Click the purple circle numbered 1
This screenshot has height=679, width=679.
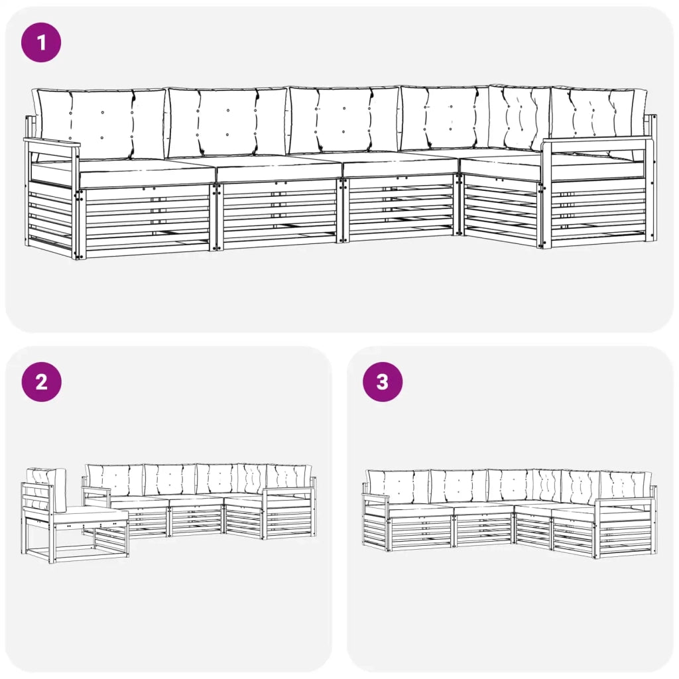41,42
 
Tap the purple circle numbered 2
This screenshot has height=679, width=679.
42,381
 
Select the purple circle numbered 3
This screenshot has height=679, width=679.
383,381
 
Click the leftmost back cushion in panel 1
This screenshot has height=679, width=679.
101,124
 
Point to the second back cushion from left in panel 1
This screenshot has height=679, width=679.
227,122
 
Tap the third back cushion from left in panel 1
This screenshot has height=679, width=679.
344,120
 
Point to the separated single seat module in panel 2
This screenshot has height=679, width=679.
74,515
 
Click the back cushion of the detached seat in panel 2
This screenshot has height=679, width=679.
46,489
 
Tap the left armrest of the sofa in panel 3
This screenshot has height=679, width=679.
376,497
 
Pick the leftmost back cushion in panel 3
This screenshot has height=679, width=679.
398,487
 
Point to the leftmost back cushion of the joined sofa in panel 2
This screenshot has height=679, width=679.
115,480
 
